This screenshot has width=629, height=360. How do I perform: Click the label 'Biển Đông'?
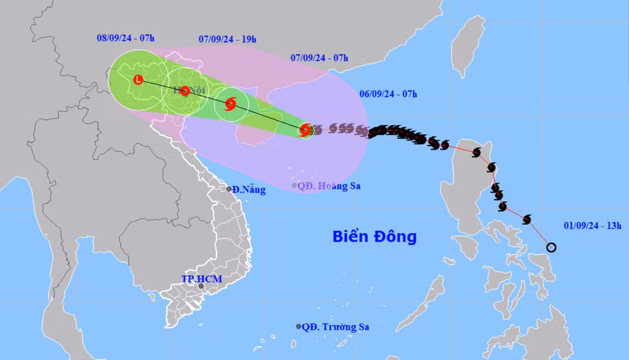pos(374,237)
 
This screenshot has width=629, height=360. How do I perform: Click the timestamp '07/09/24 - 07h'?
pos(320,58)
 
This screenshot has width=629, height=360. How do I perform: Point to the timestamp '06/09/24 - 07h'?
pos(389,94)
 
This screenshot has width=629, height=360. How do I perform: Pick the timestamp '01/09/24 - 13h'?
pos(593,225)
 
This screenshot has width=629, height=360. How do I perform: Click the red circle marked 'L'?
pos(139,79)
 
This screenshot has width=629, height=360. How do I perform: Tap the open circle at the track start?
pos(552,247)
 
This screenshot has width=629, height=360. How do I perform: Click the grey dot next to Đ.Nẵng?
pos(229,189)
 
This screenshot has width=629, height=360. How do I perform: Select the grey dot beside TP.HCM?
pos(201,286)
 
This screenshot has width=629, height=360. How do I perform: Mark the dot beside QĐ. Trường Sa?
pos(298,327)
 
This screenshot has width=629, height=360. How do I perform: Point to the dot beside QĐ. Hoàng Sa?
pos(294,185)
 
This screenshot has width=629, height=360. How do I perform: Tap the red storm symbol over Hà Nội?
pos(185,91)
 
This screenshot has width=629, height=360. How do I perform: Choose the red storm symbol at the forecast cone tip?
pos(305,130)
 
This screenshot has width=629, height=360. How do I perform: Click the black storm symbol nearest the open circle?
pos(527,219)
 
